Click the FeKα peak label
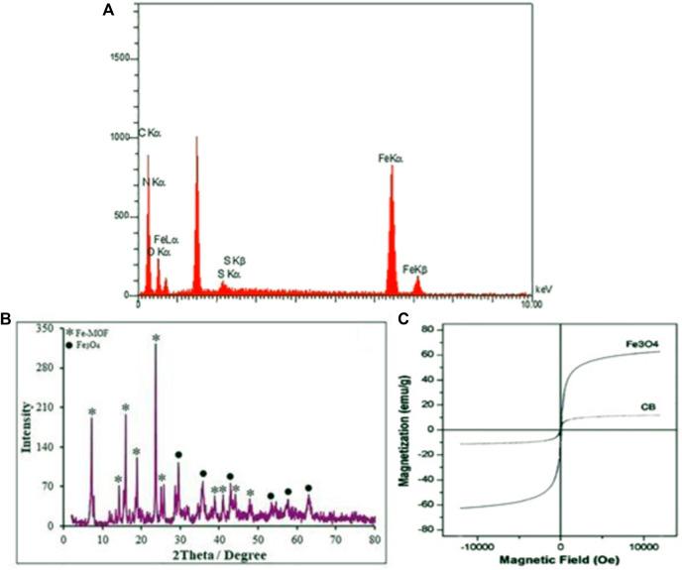coord(392,158)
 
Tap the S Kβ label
coord(234,260)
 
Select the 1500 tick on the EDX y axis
coord(119,58)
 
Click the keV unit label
coord(541,286)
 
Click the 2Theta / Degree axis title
coord(220,558)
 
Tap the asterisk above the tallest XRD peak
coord(156,339)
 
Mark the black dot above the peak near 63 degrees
coord(308,488)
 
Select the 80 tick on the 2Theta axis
coord(374,540)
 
